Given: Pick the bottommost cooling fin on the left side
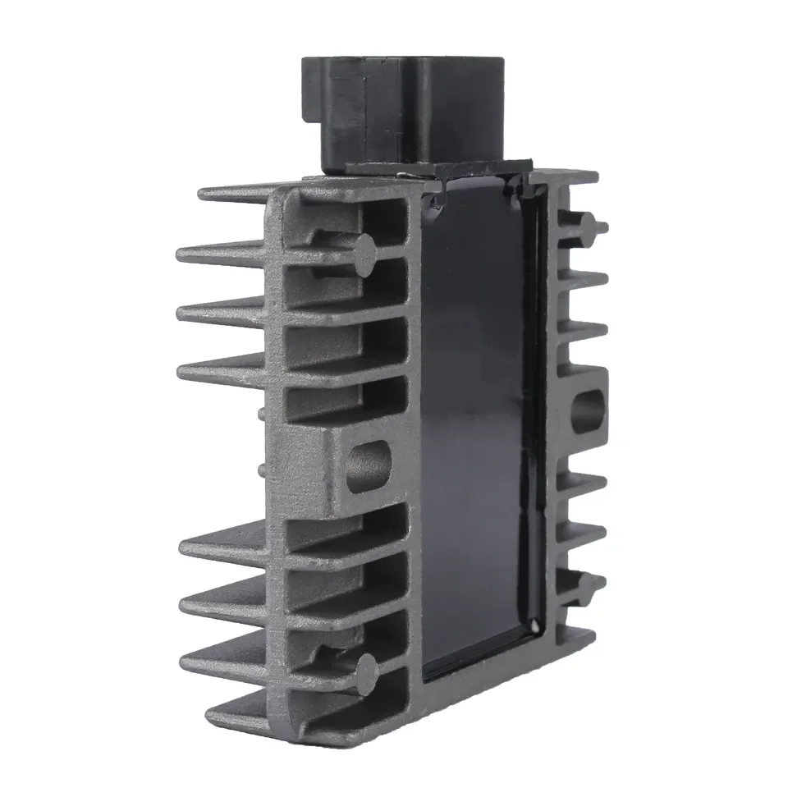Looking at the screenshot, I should click(x=246, y=714).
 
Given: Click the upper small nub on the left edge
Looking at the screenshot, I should click(x=262, y=413).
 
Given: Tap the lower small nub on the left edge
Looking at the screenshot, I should click(x=262, y=469).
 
